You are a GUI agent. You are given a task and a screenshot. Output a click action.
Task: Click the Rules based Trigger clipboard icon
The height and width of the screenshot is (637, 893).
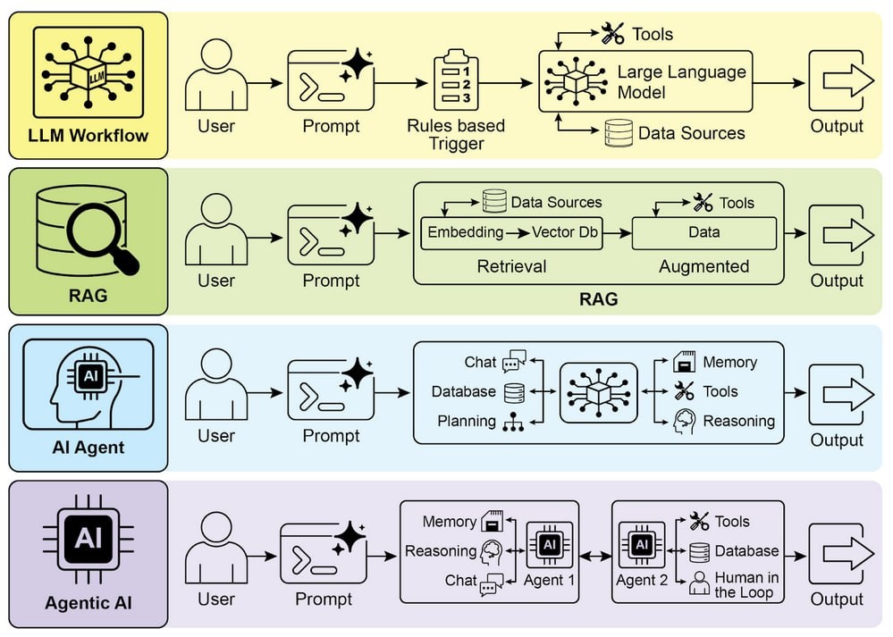[x=456, y=81]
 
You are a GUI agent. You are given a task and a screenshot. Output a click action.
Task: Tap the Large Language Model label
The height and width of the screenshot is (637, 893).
[x=681, y=81]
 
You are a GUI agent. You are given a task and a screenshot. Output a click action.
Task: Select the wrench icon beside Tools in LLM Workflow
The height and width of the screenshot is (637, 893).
[x=612, y=34]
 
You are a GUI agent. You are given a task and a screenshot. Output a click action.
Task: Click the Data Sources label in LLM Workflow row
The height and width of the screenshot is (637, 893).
[x=691, y=133]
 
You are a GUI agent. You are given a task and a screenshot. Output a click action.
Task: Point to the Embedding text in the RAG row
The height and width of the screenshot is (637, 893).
[x=466, y=232]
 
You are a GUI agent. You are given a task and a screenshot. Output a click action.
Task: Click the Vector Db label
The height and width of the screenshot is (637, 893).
[x=565, y=232]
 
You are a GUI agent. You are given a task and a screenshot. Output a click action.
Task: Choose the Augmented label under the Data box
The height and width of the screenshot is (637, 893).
[x=703, y=266]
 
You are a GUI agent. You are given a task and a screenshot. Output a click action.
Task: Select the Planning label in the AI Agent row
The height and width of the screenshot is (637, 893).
[x=467, y=421]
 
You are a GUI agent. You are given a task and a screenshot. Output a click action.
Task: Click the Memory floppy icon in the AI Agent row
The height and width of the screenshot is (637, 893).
[x=684, y=363]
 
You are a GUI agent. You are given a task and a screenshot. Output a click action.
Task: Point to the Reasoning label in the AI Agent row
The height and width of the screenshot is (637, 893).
[x=738, y=421]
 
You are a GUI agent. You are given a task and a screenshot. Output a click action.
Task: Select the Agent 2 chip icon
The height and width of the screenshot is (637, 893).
[x=641, y=544]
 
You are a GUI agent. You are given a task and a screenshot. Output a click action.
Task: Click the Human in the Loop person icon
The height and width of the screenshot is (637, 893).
[x=699, y=583]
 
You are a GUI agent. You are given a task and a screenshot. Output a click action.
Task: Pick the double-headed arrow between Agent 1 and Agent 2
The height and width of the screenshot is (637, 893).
[x=594, y=556]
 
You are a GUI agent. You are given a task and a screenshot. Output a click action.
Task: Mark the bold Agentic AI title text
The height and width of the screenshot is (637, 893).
[x=88, y=603]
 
